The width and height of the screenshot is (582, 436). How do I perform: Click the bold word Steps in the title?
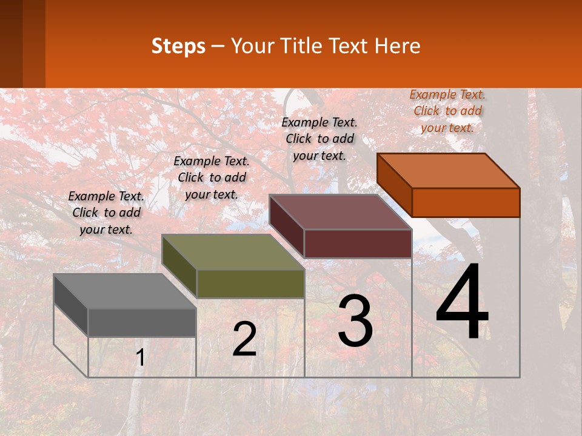pyautogui.click(x=178, y=46)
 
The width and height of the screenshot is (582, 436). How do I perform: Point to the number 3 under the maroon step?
pyautogui.click(x=355, y=321)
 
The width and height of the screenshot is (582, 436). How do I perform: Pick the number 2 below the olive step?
pyautogui.click(x=244, y=339)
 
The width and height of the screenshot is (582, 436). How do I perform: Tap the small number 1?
pyautogui.click(x=141, y=358)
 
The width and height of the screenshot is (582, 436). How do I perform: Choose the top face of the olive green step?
pyautogui.click(x=233, y=252)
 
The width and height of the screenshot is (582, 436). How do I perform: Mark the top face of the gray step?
pyautogui.click(x=125, y=291)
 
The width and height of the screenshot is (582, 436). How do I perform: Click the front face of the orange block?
pyautogui.click(x=466, y=202)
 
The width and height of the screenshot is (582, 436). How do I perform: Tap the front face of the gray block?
pyautogui.click(x=142, y=322)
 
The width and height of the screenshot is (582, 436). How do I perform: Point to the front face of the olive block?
pyautogui.click(x=250, y=283)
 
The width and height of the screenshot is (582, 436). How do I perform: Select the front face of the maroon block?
pyautogui.click(x=358, y=243)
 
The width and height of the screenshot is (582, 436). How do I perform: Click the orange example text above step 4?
pyautogui.click(x=447, y=111)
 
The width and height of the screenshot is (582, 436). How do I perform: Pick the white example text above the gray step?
pyautogui.click(x=106, y=213)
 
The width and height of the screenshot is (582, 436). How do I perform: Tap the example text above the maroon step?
pyautogui.click(x=319, y=139)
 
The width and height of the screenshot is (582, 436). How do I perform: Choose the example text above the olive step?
pyautogui.click(x=212, y=177)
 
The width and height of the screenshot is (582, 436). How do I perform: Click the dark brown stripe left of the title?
pyautogui.click(x=11, y=44)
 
